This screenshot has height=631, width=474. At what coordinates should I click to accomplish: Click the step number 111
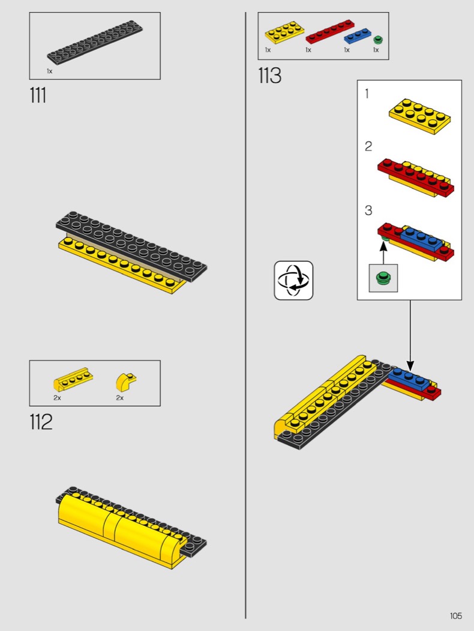(38, 96)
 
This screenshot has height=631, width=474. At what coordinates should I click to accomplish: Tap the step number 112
(41, 422)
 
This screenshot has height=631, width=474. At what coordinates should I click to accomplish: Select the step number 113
(269, 75)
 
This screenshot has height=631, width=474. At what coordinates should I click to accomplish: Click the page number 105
(455, 616)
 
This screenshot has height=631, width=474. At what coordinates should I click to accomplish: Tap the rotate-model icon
(293, 281)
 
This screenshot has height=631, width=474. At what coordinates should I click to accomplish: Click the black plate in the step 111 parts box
(95, 42)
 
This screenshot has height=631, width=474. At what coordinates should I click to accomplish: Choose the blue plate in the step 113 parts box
(358, 36)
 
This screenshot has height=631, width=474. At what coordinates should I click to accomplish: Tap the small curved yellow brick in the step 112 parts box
(125, 382)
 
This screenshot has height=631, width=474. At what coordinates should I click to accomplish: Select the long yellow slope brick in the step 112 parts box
(73, 379)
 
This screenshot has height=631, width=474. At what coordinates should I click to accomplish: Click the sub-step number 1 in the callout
(367, 94)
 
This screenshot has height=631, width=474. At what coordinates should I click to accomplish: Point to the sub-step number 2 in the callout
(368, 147)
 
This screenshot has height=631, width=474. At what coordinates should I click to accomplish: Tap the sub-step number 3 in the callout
(368, 210)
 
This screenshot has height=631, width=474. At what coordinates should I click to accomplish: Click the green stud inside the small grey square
(383, 278)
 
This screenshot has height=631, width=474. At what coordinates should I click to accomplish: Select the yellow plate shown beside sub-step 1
(419, 116)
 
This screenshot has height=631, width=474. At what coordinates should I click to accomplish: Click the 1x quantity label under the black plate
(49, 72)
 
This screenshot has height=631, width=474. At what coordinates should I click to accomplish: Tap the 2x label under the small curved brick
(120, 398)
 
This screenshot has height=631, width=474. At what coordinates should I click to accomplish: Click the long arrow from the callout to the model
(410, 335)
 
